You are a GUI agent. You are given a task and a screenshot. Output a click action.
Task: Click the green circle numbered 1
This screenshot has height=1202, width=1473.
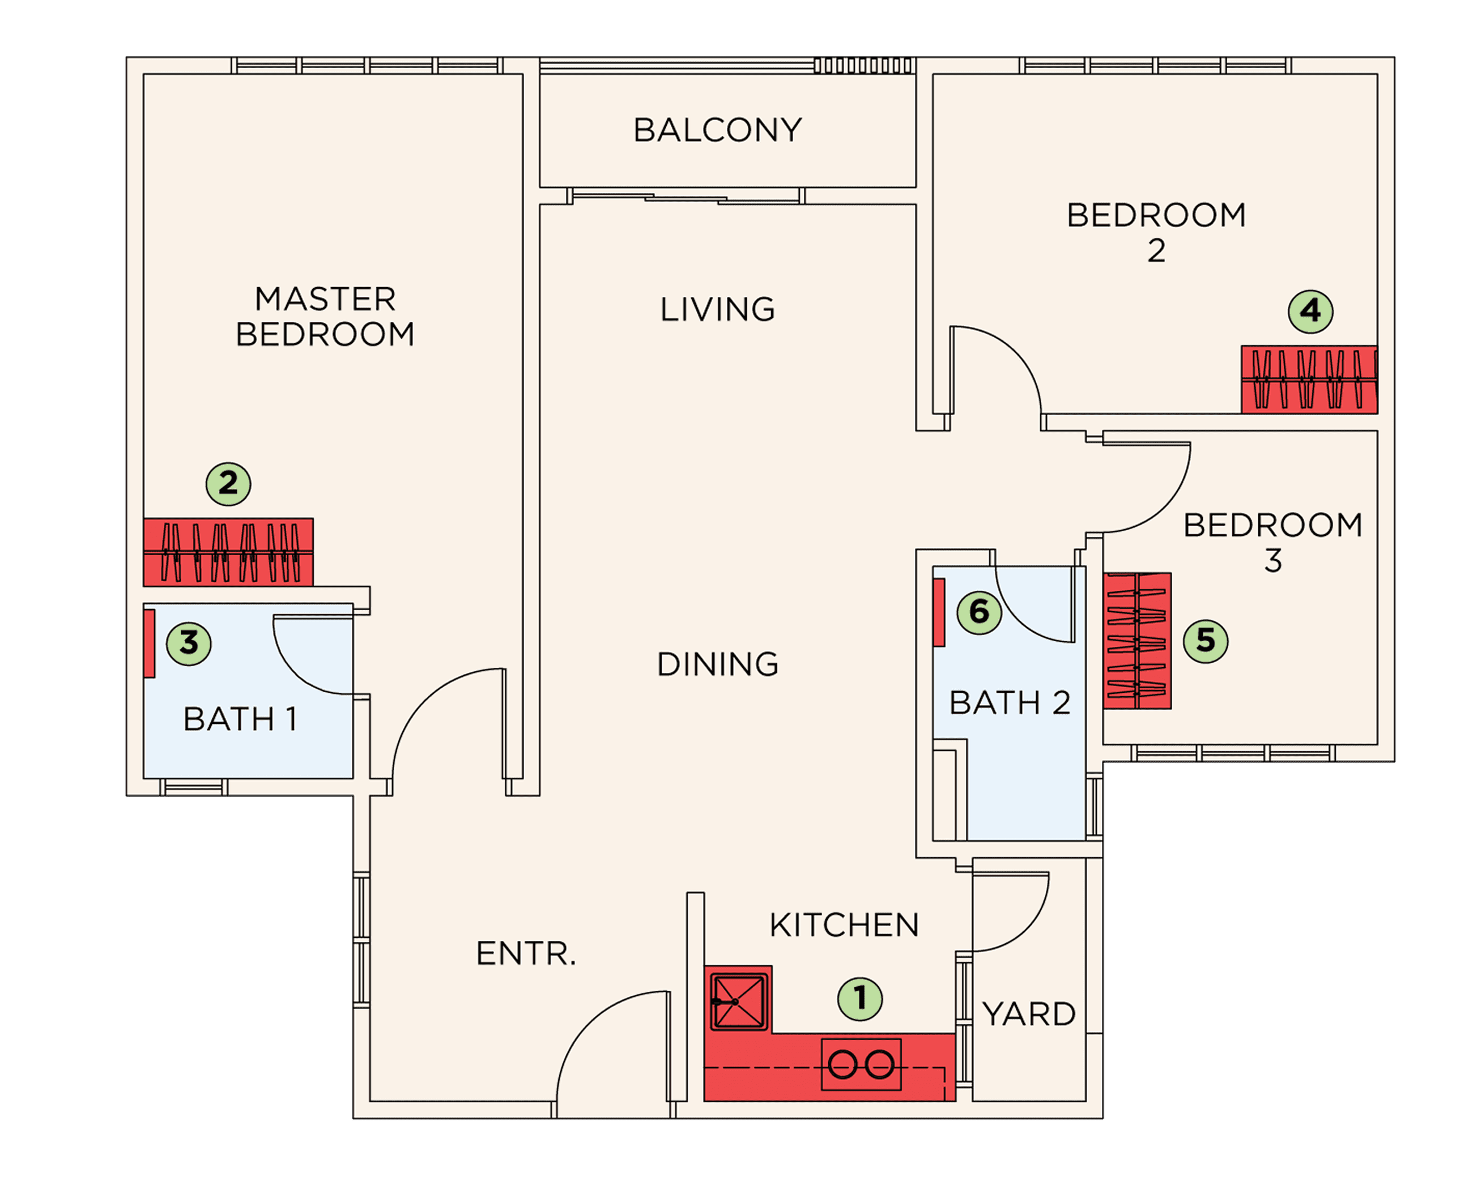(859, 999)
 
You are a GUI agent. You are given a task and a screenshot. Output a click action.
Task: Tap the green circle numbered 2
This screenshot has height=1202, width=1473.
(228, 483)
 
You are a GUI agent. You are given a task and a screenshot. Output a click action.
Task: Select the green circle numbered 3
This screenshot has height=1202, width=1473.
(189, 643)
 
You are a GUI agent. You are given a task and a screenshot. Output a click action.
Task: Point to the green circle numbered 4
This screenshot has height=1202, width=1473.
(1310, 312)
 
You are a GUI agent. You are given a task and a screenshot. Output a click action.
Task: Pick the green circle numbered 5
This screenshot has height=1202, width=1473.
(1206, 641)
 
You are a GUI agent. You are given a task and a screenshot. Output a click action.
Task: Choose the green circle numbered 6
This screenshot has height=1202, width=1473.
(979, 612)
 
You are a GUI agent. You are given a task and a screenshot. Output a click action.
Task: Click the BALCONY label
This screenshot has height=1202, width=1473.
(717, 130)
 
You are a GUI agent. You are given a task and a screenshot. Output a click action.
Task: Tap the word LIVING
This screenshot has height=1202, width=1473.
(717, 309)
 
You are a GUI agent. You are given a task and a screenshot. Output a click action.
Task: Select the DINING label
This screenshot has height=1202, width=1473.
(717, 664)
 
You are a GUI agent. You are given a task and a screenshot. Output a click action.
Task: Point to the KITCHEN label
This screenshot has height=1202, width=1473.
(844, 925)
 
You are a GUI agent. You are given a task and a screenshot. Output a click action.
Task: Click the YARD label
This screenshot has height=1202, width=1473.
(1029, 1015)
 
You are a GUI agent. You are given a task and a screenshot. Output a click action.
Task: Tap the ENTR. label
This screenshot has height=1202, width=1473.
(526, 953)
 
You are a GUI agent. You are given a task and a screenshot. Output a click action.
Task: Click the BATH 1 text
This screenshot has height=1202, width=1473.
(240, 719)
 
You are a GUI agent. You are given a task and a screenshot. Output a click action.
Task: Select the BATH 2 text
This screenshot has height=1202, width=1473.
(1010, 703)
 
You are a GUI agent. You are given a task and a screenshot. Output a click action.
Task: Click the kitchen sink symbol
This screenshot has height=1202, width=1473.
(739, 1001)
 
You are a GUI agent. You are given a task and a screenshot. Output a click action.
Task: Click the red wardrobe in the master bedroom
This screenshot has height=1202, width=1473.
(228, 552)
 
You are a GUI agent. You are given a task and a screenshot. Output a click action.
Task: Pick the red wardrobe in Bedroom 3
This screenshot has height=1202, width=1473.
(1137, 641)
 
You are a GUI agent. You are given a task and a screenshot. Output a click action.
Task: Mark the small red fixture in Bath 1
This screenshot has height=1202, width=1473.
(150, 643)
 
